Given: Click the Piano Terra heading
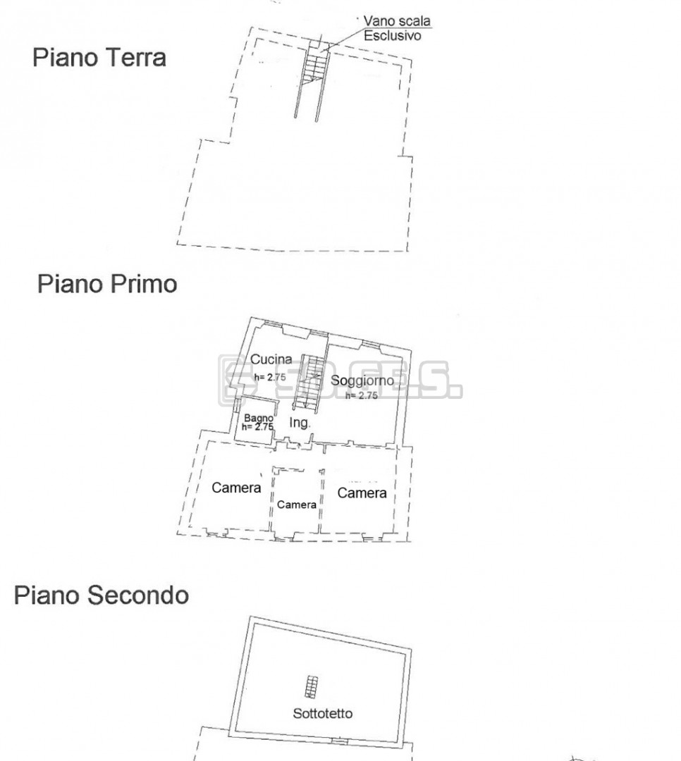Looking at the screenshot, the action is pyautogui.click(x=99, y=58).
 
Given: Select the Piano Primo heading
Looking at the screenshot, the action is pyautogui.click(x=107, y=284).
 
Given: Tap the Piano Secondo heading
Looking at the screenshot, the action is pyautogui.click(x=101, y=595).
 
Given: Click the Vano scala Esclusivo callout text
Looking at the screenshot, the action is pyautogui.click(x=397, y=28).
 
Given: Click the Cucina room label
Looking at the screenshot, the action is pyautogui.click(x=271, y=359).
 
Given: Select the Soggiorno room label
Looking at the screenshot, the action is pyautogui.click(x=362, y=380).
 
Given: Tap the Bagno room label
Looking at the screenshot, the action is pyautogui.click(x=259, y=418).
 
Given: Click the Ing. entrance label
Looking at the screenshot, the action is pyautogui.click(x=299, y=423).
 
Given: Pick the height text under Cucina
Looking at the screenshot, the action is pyautogui.click(x=269, y=376).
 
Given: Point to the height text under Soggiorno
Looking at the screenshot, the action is pyautogui.click(x=362, y=395).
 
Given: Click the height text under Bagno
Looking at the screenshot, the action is pyautogui.click(x=257, y=427).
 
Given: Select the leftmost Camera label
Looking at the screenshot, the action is pyautogui.click(x=236, y=488).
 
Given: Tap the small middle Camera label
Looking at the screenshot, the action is pyautogui.click(x=296, y=505).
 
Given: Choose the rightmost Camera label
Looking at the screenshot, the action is pyautogui.click(x=362, y=493).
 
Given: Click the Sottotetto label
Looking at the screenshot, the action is pyautogui.click(x=323, y=713).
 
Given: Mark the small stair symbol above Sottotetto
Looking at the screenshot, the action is pyautogui.click(x=312, y=687).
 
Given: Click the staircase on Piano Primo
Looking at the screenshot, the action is pyautogui.click(x=309, y=383).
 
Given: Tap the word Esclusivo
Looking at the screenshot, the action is pyautogui.click(x=392, y=36).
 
